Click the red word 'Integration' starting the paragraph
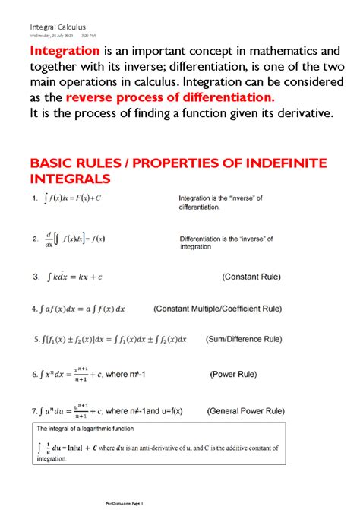pyautogui.click(x=65, y=51)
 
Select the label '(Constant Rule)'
pyautogui.click(x=251, y=277)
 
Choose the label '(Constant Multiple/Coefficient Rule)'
pyautogui.click(x=217, y=309)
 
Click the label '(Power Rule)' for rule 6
pyautogui.click(x=233, y=374)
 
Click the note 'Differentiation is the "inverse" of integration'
pyautogui.click(x=226, y=242)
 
